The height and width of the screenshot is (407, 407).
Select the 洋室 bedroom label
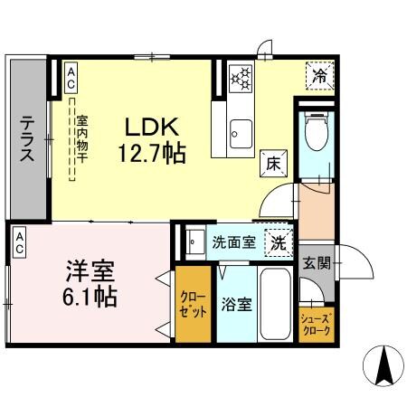(86, 270)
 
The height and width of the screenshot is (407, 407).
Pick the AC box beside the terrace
(70, 77)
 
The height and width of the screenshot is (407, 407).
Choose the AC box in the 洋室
(18, 241)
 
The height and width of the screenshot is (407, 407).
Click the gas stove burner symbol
(241, 80)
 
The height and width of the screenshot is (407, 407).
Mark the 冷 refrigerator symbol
(319, 77)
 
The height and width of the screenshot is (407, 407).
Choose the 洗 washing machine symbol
(278, 241)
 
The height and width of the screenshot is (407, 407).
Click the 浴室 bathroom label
(236, 305)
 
